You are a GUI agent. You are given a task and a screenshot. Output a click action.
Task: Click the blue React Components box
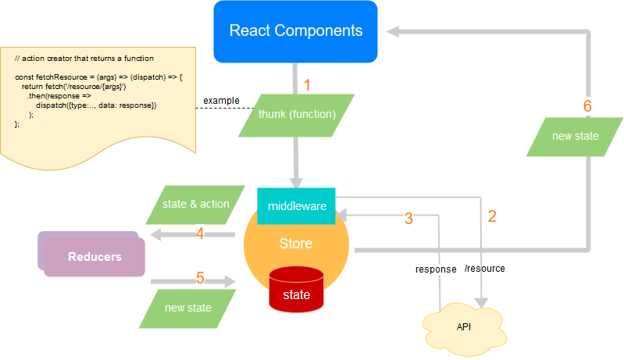click(296, 31)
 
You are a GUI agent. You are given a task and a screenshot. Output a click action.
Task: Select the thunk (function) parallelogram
click(297, 114)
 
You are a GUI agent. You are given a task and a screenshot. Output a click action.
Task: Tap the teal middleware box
click(296, 206)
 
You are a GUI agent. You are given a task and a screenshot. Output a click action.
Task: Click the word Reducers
click(94, 257)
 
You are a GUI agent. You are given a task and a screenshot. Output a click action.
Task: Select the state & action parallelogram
click(195, 205)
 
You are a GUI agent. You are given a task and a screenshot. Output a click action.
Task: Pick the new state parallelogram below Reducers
click(187, 308)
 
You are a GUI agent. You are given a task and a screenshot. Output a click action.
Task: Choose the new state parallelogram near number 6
click(575, 137)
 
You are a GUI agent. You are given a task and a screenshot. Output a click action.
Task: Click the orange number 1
click(308, 84)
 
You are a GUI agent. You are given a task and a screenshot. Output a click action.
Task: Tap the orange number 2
click(491, 217)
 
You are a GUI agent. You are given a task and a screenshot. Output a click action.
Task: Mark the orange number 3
click(408, 219)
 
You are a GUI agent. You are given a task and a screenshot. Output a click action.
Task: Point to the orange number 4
click(200, 233)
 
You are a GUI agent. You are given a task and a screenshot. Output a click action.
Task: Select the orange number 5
click(200, 278)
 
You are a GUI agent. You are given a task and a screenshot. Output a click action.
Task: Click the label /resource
click(484, 269)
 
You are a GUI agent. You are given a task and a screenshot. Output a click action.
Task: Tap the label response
click(436, 269)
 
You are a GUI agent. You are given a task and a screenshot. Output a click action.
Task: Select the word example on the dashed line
click(221, 101)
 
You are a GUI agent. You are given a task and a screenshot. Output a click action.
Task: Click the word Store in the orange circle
click(296, 244)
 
